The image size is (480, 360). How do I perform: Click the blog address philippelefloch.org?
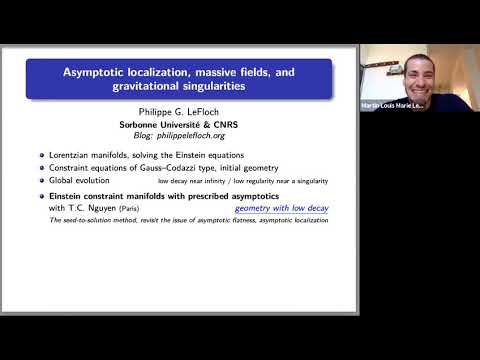201,136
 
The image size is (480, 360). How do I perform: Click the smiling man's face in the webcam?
390,71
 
